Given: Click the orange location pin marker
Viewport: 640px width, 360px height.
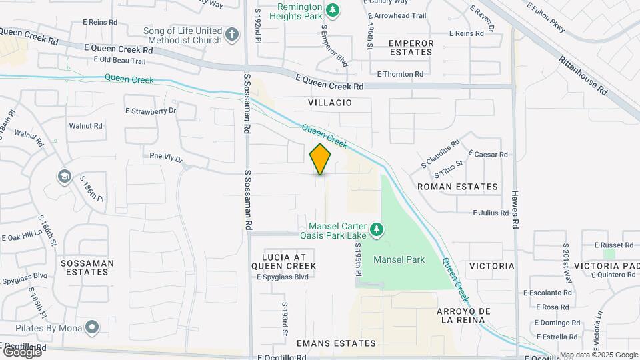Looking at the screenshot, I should pos(320,159).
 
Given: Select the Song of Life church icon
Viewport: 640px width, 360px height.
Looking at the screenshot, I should pos(231,35).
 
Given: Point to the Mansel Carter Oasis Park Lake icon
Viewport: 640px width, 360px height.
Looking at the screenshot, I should pos(377,230).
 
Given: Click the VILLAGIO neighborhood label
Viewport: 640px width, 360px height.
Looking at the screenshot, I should pos(329,103).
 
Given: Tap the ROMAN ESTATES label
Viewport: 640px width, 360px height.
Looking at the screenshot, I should pos(457,187).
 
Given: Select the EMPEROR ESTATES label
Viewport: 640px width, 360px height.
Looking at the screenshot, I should pos(411,48).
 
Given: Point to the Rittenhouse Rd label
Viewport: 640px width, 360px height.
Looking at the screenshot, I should pos(584,69).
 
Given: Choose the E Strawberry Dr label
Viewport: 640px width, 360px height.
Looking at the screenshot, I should pos(151,111).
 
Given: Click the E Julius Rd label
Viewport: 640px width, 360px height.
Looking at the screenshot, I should pos(491,213).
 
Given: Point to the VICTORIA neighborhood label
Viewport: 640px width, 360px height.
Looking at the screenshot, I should pos(491,266).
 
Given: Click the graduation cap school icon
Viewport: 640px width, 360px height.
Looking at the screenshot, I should pos(64,177).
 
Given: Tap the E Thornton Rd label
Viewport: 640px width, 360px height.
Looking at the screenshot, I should pos(400,74).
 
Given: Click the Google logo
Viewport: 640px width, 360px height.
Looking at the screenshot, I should pos(22,351).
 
